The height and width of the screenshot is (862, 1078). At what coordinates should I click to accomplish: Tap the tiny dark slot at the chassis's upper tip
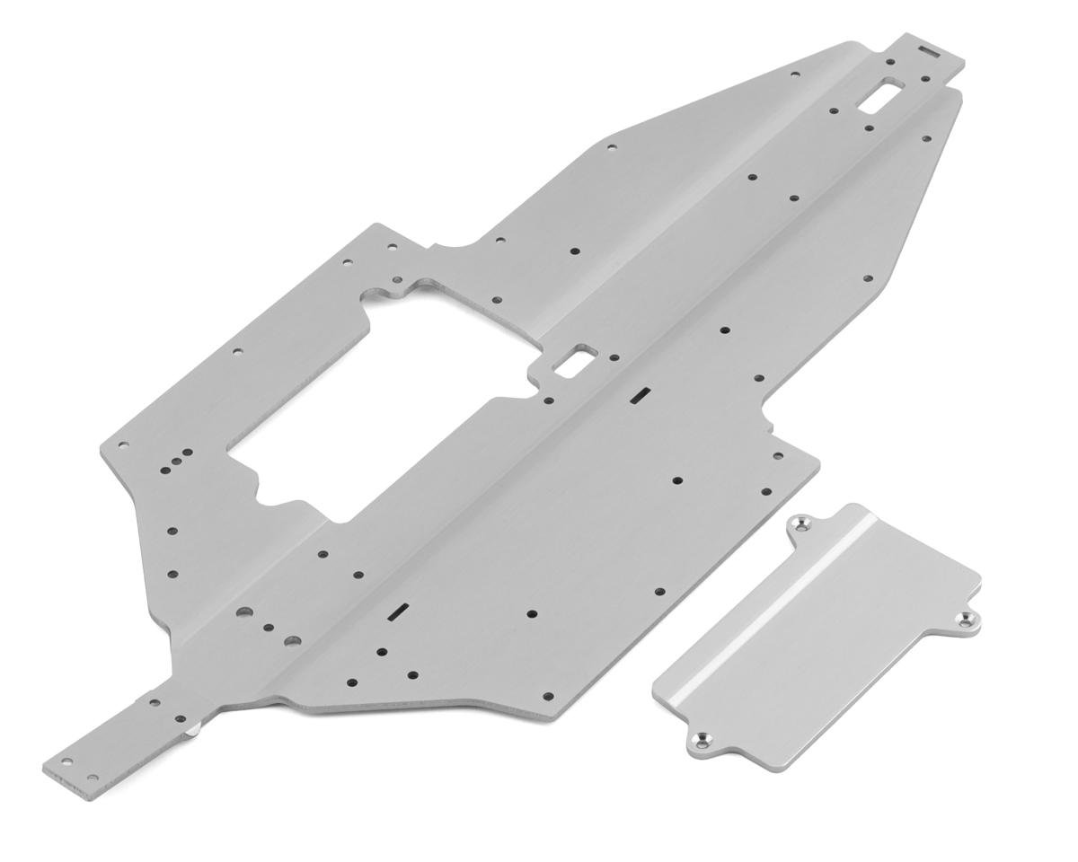pos(929,52)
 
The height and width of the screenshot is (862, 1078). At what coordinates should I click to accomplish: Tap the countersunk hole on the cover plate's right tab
pos(966,620)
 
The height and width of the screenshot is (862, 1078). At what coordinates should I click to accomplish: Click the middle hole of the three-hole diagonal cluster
pos(178,461)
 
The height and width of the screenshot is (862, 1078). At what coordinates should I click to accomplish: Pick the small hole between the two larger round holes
pos(268,628)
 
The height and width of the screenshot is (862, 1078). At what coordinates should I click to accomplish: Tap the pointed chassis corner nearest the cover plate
pos(817,458)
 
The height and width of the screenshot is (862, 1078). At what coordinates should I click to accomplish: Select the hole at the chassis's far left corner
pos(123,444)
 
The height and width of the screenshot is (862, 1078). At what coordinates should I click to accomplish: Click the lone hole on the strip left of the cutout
pos(237,352)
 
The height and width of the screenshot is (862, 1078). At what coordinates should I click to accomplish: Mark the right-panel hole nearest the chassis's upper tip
pos(927,139)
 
